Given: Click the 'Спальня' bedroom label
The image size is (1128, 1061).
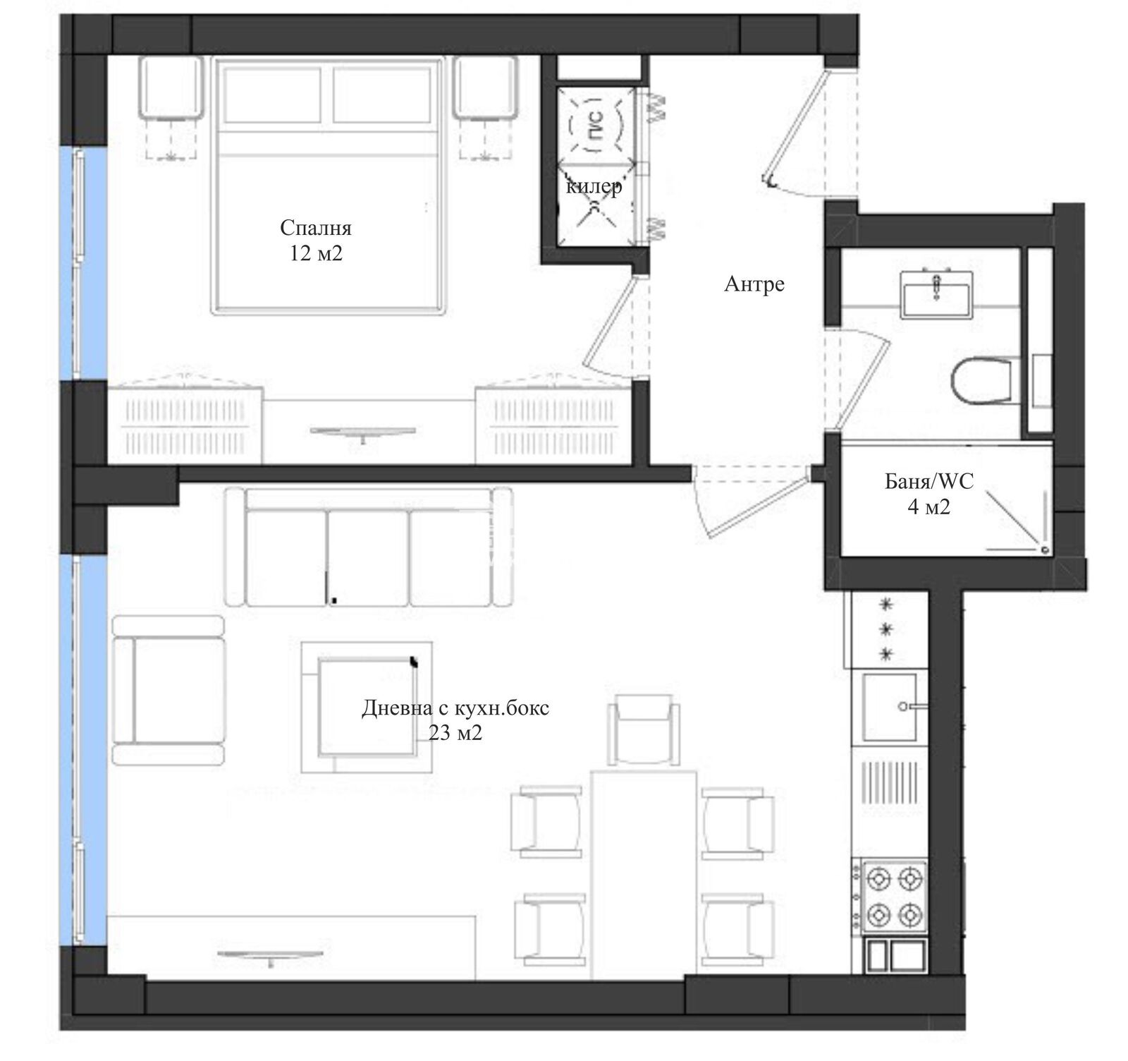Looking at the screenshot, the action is point(315,228).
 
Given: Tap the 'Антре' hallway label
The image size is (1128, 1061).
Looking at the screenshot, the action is point(754,284).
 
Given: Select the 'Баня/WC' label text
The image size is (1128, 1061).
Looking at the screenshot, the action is point(929,482).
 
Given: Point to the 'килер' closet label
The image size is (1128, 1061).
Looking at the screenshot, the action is point(594,187).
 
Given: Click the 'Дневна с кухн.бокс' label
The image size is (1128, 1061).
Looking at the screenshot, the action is point(455,708).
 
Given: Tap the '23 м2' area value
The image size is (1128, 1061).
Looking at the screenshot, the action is point(455,734).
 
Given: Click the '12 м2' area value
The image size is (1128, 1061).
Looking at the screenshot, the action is point(316,253).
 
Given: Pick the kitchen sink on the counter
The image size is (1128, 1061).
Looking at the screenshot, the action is point(890,707).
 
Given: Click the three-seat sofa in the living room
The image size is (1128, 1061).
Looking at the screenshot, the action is point(369,547).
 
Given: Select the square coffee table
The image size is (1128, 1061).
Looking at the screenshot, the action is point(366,707).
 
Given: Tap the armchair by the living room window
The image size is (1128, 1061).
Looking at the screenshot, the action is point(168,691).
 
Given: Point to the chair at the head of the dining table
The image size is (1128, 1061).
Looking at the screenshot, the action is point(644,728).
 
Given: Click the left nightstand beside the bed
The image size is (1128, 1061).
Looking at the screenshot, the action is point(171,88).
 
